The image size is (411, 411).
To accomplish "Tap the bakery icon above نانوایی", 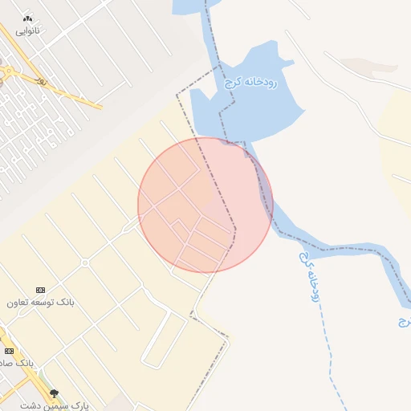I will pos(28,18).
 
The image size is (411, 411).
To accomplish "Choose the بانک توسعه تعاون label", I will pos(41,303).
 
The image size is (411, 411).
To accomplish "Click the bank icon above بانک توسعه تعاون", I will pos(41,290).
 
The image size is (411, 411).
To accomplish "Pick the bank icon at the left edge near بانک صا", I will pos(9,351).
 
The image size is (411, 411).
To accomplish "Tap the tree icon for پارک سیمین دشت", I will pos(54,393).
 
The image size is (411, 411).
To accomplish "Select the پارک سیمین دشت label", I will pos(58,405).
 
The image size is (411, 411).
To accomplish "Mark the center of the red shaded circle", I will pos(205,205).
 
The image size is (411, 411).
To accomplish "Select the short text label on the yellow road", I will pos(42,81).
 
